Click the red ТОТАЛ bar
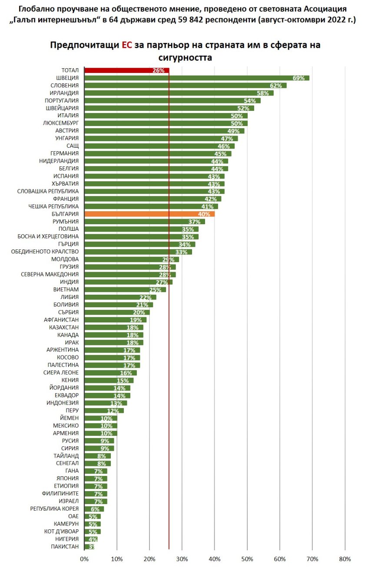pyautogui.click(x=126, y=70)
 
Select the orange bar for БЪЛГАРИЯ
pyautogui.click(x=149, y=214)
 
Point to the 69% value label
pyautogui.click(x=299, y=78)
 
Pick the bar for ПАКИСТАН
pyautogui.click(x=89, y=546)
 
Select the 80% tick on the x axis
pyautogui.click(x=345, y=558)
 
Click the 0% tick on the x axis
pyautogui.click(x=84, y=558)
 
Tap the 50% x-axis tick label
pyautogui.click(x=247, y=558)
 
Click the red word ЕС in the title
pyautogui.click(x=126, y=45)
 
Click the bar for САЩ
pyautogui.click(x=159, y=146)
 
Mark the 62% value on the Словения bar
pyautogui.click(x=276, y=86)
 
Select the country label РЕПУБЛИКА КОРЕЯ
pyautogui.click(x=54, y=509)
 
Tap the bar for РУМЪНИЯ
pyautogui.click(x=144, y=222)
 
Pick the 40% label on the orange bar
pyautogui.click(x=204, y=214)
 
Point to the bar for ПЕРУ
pyautogui.click(x=104, y=411)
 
